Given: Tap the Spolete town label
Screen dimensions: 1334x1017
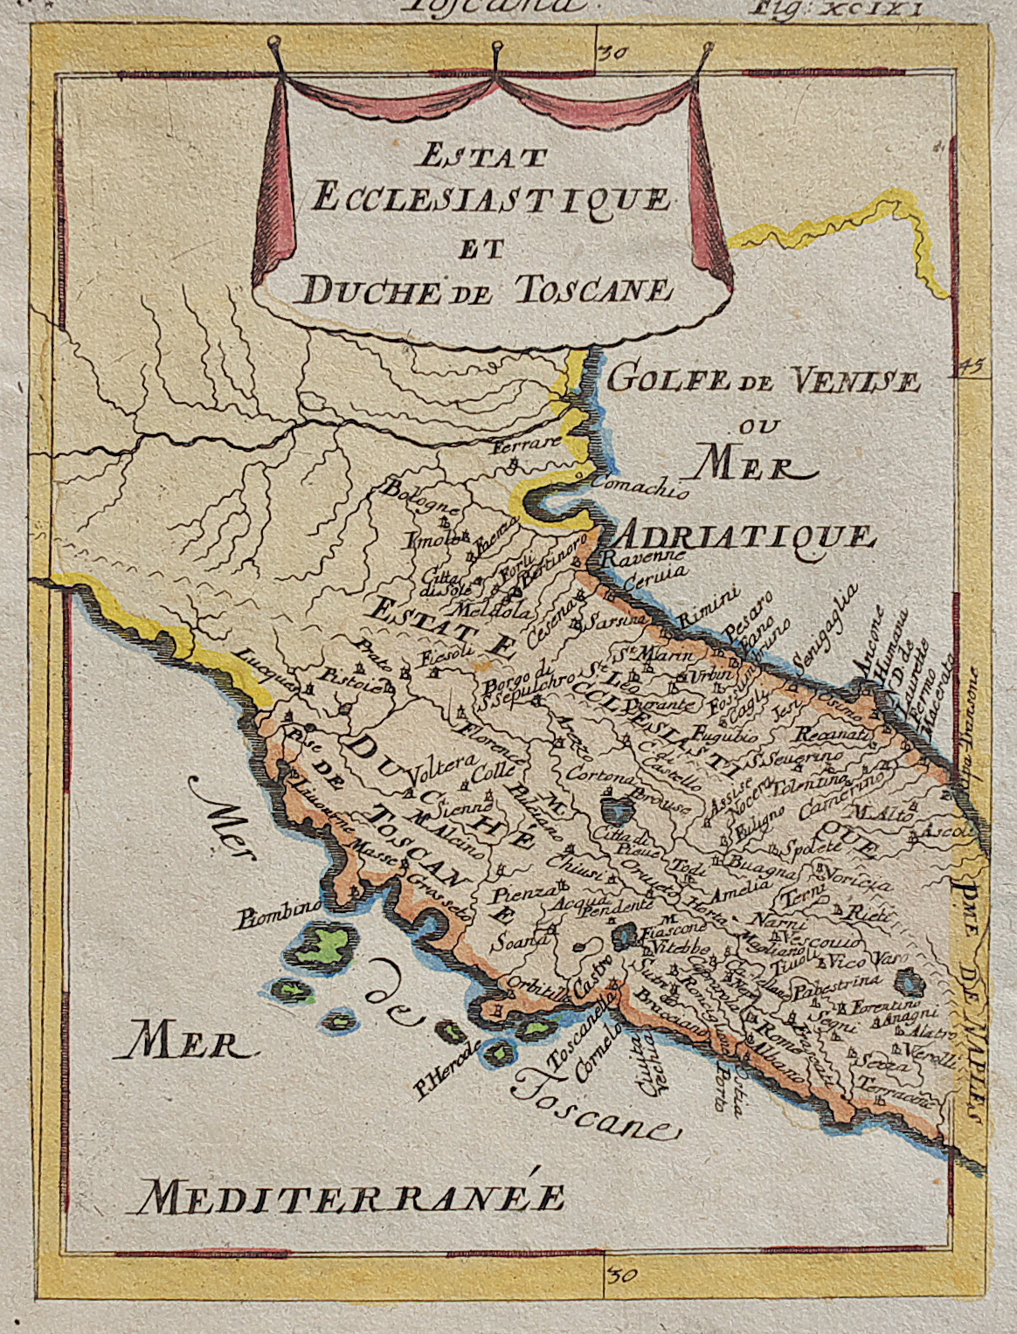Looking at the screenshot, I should (x=801, y=847).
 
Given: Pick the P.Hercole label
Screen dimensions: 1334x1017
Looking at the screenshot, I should (x=444, y=1069).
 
